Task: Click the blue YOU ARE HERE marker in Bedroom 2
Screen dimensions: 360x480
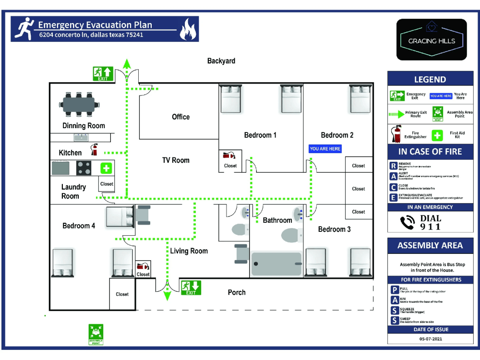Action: click(x=325, y=149)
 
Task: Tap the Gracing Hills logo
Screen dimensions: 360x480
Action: click(x=432, y=39)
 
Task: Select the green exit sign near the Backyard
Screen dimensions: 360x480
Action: click(x=103, y=74)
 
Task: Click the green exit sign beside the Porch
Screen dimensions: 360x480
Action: click(x=191, y=288)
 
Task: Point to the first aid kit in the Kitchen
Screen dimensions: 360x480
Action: click(x=106, y=168)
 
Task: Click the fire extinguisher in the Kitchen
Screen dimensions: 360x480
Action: click(x=95, y=149)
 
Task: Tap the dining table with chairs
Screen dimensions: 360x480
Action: click(x=77, y=104)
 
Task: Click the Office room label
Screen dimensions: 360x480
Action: click(x=181, y=117)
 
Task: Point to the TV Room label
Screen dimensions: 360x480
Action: click(x=176, y=160)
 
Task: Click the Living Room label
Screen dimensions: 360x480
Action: click(x=189, y=251)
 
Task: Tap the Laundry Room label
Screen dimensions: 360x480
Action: click(x=73, y=192)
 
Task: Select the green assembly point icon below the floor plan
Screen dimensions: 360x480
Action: click(x=96, y=334)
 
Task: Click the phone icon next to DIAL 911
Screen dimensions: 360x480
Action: click(x=408, y=222)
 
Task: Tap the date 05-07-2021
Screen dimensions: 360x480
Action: click(x=430, y=338)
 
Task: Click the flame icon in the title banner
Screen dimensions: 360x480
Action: click(x=188, y=29)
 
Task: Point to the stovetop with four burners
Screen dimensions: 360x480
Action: click(x=84, y=168)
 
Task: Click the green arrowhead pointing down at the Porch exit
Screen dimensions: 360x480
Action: click(x=167, y=296)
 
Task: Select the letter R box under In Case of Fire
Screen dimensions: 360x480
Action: click(x=394, y=166)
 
